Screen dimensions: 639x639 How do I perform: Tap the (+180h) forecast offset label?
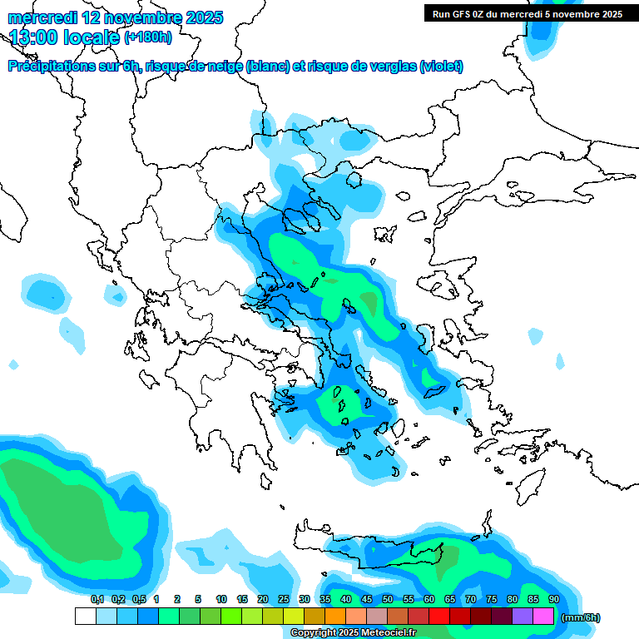pos(148,37)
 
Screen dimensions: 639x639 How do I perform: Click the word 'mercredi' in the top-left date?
pos(40,17)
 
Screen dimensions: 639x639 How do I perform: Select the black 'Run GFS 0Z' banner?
pos(528,13)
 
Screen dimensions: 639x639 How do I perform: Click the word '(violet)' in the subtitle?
pos(441,67)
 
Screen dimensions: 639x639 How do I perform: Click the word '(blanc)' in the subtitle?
pos(267,67)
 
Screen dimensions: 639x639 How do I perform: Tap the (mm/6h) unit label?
pos(580,617)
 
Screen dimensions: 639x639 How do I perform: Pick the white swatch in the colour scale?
pos(85,617)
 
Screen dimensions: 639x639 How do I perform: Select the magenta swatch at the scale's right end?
pos(543,617)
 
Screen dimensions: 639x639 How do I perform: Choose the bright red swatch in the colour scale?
pos(439,617)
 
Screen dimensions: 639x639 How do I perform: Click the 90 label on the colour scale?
pos(553,599)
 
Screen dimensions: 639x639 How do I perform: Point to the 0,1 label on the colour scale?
pos(97,599)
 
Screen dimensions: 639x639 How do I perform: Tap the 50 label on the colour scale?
pos(388,599)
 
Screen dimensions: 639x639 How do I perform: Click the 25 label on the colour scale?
pos(284,599)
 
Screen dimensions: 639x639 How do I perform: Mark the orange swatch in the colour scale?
pos(335,617)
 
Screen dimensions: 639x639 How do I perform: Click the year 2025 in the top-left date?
pos(203,17)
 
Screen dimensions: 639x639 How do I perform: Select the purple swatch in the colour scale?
pos(523,617)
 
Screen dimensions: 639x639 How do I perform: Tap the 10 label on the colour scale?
pos(221,599)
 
